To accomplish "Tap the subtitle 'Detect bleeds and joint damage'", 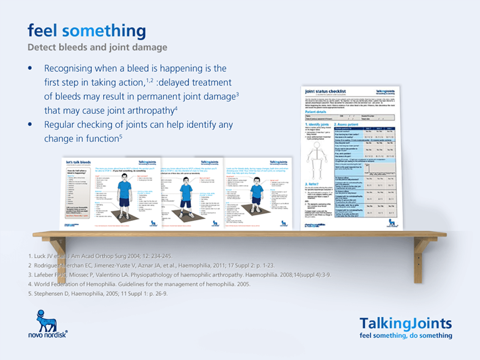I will pyautogui.click(x=97, y=47).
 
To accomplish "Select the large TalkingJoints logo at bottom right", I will pyautogui.click(x=405, y=323).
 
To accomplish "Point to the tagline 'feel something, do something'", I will pyautogui.click(x=406, y=336).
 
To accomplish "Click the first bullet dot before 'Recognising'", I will pyautogui.click(x=30, y=69).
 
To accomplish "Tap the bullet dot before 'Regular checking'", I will pyautogui.click(x=30, y=124).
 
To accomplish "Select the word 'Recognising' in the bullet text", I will pyautogui.click(x=68, y=69).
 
